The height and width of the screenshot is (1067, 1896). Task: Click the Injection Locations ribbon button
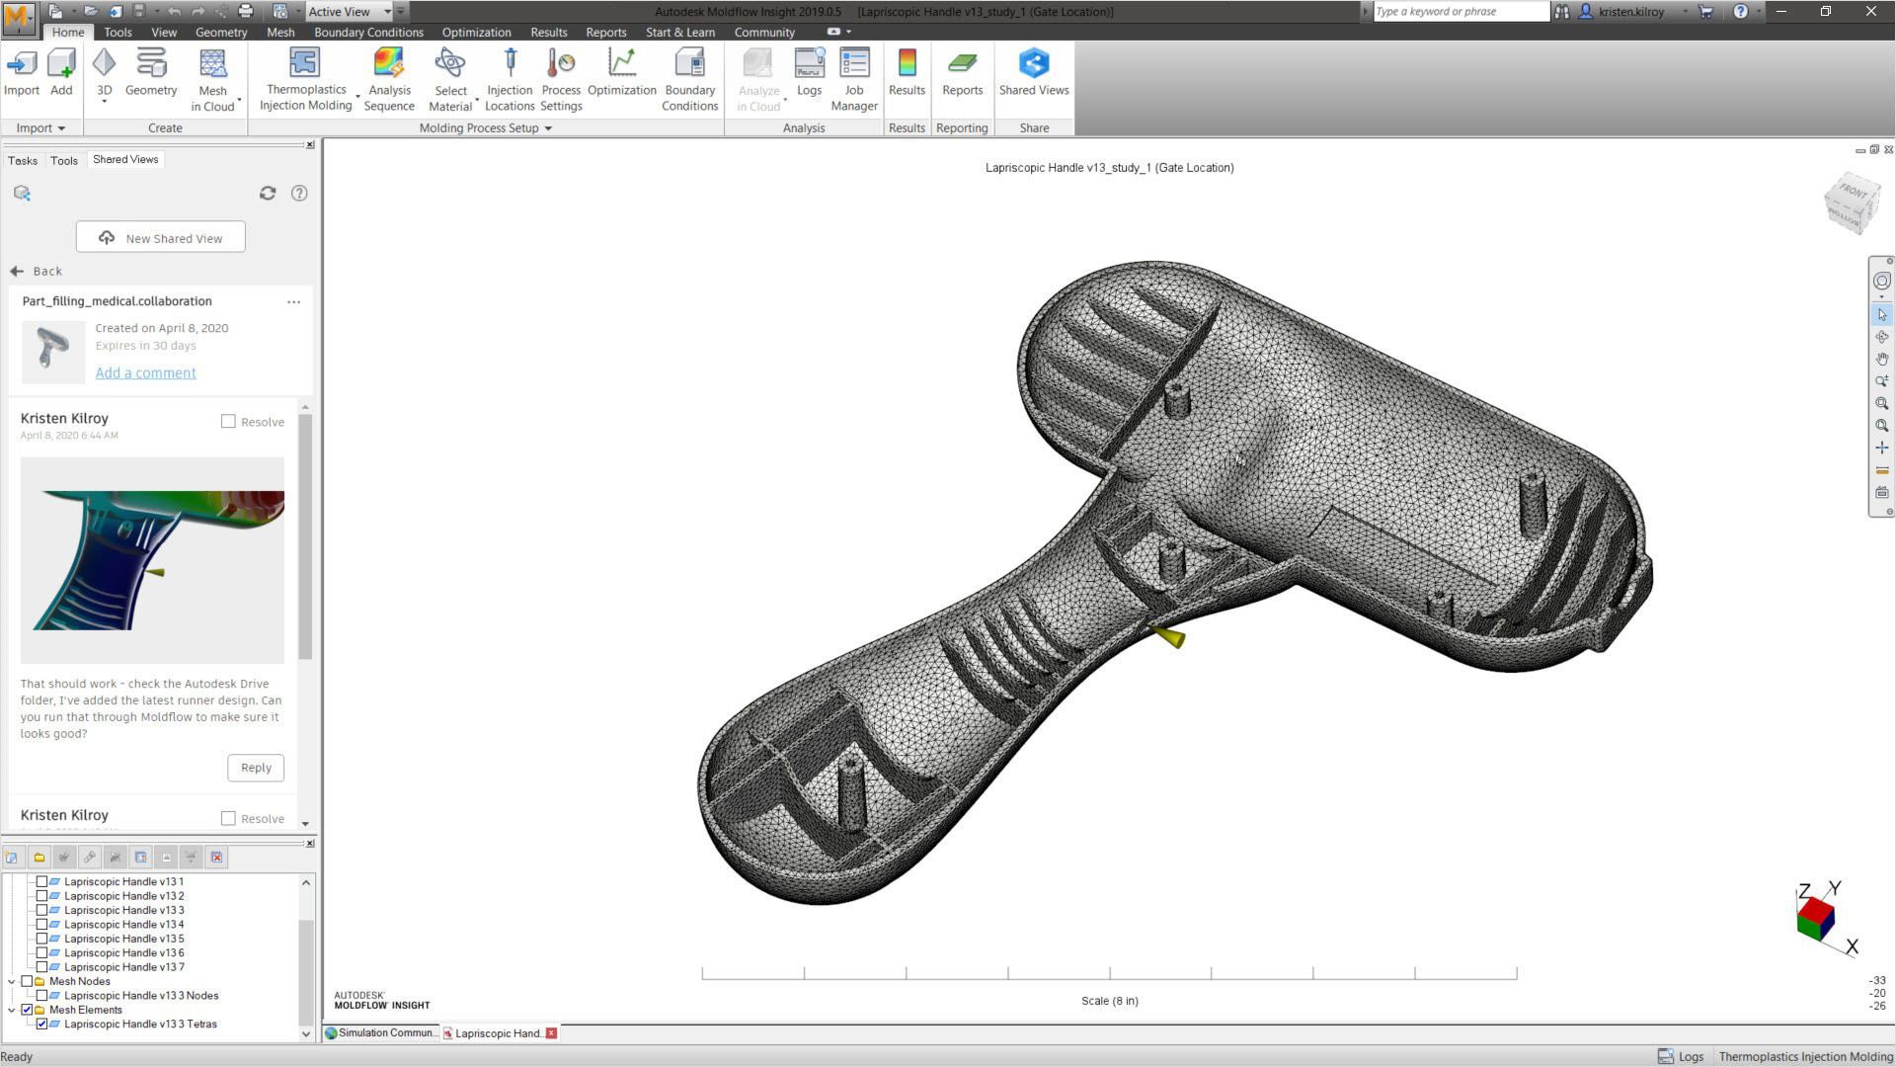coord(510,79)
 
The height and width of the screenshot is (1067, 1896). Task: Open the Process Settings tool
coord(561,79)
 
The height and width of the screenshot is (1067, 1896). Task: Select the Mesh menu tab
coord(280,32)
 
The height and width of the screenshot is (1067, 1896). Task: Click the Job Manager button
coord(854,79)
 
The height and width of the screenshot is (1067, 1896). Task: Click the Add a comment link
coord(145,372)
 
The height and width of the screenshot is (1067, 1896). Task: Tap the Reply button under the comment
coord(256,768)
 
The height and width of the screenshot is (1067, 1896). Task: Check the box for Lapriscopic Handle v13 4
coord(42,925)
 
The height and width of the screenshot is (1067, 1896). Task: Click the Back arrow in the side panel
coord(17,271)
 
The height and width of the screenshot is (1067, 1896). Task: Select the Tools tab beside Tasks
coord(64,160)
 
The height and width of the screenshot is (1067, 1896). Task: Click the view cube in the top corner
coord(1851,203)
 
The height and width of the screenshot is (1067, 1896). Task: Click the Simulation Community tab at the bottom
coord(381,1032)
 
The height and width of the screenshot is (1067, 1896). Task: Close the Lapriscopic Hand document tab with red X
coord(551,1032)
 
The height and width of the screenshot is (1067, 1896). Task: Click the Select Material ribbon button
coord(450,79)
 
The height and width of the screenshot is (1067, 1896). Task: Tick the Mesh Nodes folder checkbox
coord(27,981)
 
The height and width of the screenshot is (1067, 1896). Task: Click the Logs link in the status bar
coord(1681,1056)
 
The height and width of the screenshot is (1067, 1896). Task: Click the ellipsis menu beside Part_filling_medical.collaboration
coord(293,302)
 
